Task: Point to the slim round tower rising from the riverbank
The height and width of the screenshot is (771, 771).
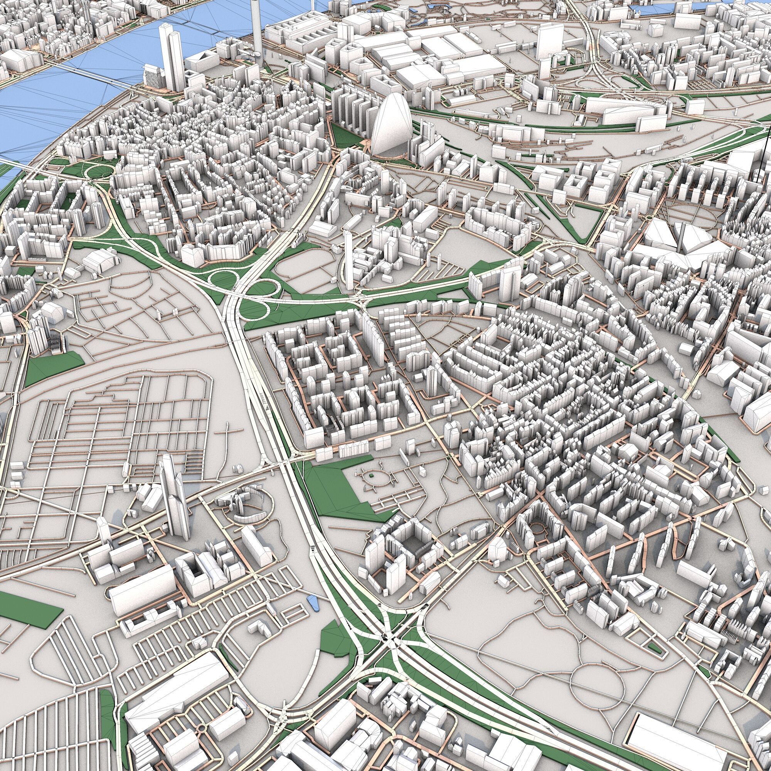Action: tap(257, 28)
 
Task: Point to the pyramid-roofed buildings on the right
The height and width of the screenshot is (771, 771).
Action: tap(674, 239)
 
